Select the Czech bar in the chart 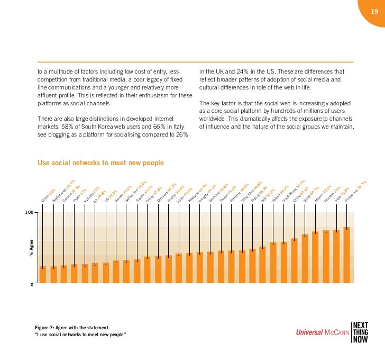(x=43, y=275)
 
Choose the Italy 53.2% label (x=268, y=195)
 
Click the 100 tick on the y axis (x=28, y=212)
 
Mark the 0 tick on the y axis (x=31, y=285)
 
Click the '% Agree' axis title (x=31, y=249)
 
